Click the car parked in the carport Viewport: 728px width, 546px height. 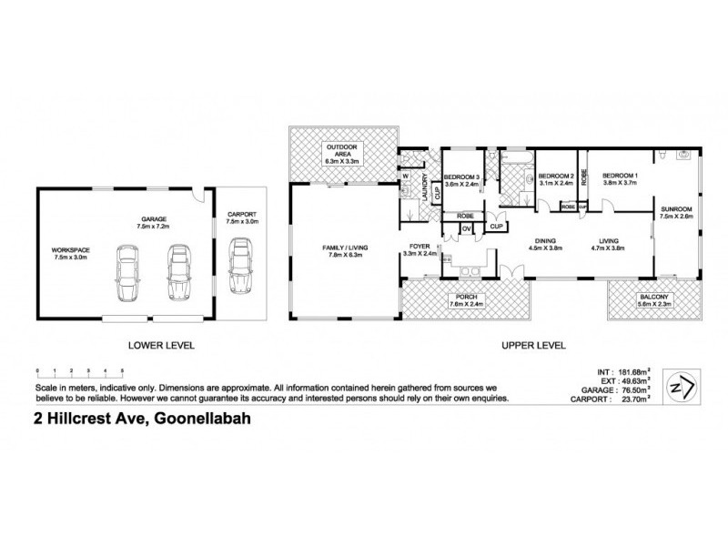[x=241, y=263]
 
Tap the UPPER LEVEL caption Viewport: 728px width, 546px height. [x=533, y=345]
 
